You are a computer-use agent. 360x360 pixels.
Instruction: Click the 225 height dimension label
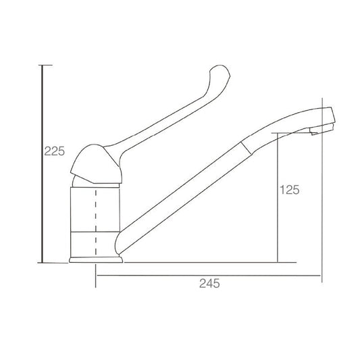coord(55,151)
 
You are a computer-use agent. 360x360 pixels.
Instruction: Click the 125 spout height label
coord(290,190)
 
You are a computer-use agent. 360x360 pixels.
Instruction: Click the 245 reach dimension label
coord(209,283)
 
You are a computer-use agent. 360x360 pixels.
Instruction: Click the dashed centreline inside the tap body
coord(96,223)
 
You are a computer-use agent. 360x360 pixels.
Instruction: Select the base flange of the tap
coord(96,259)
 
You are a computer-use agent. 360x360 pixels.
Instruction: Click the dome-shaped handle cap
coord(96,164)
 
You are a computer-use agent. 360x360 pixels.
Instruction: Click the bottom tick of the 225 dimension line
coord(53,263)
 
